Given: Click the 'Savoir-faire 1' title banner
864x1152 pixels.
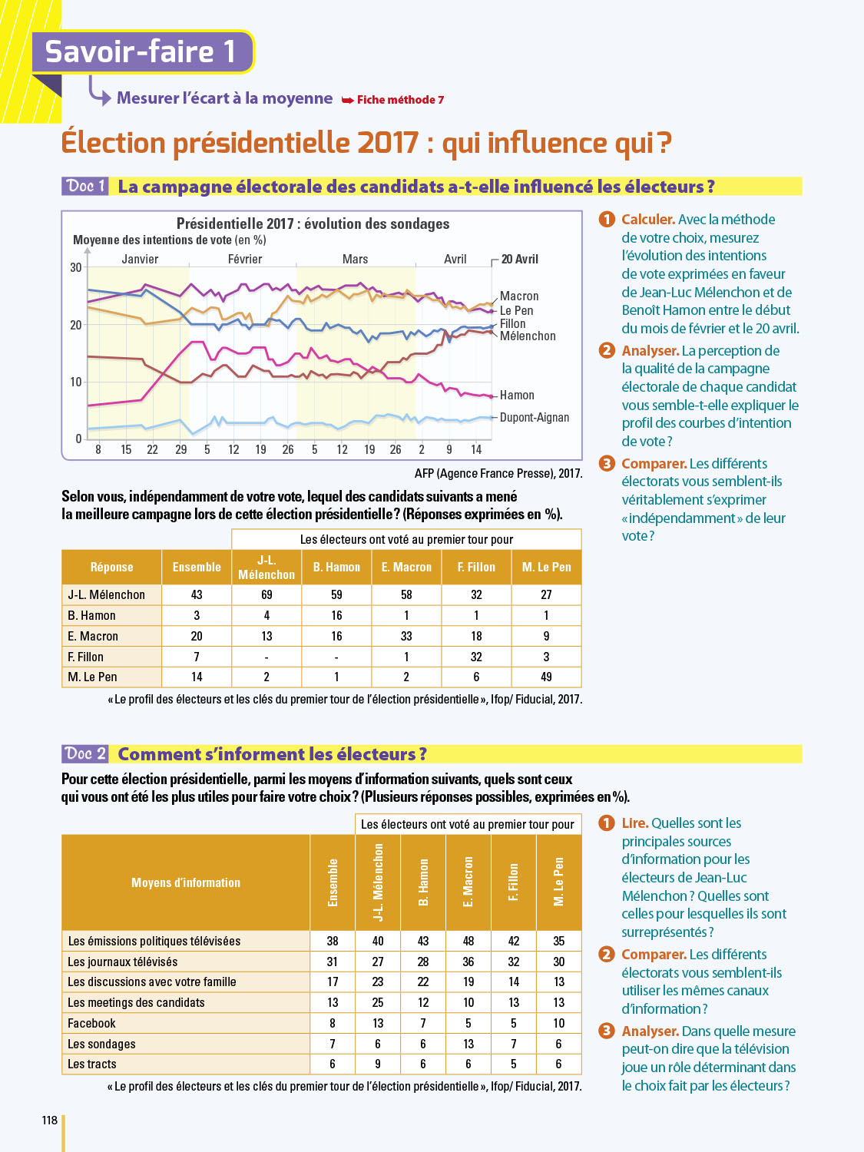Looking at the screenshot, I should (x=141, y=51).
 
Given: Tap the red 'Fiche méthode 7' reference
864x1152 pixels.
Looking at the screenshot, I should (x=399, y=100).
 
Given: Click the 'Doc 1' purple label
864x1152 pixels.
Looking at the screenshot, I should (x=85, y=186).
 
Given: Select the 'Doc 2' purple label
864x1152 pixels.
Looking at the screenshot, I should (x=85, y=753).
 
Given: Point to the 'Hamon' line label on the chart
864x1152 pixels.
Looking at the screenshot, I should (x=517, y=396).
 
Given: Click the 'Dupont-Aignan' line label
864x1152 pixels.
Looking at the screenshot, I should (x=535, y=418).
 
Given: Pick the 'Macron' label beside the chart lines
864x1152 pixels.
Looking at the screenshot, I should (x=519, y=296).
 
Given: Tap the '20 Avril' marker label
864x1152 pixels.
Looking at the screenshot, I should (x=520, y=260).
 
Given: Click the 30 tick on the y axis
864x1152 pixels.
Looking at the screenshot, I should (x=76, y=267).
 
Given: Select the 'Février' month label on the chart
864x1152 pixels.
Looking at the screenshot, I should (x=245, y=260).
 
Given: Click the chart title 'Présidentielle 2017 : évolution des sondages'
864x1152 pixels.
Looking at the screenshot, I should (x=313, y=223).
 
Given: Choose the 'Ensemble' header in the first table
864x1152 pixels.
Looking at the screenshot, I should (x=197, y=568).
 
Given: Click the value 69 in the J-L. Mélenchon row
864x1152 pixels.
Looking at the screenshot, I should (x=266, y=595).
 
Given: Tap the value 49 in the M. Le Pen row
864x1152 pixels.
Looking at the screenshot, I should (x=546, y=677).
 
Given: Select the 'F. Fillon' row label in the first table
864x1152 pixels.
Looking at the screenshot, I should (x=85, y=657).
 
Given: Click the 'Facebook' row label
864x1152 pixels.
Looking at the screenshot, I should (x=91, y=1024).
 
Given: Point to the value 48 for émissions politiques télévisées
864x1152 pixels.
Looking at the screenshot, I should (x=468, y=942).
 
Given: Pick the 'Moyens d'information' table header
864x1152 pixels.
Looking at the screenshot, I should (x=186, y=883).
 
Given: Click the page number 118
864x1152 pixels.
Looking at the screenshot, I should (x=50, y=1121).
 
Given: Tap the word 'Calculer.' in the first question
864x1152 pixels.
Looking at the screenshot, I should (x=648, y=220).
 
